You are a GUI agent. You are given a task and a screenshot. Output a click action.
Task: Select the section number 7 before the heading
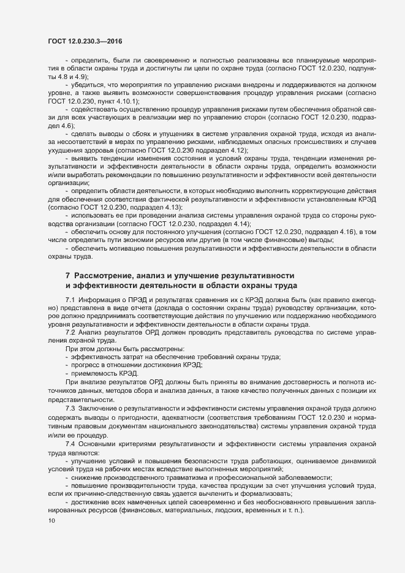tap(67, 276)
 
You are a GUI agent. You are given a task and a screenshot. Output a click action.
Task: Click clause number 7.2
tap(70, 332)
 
